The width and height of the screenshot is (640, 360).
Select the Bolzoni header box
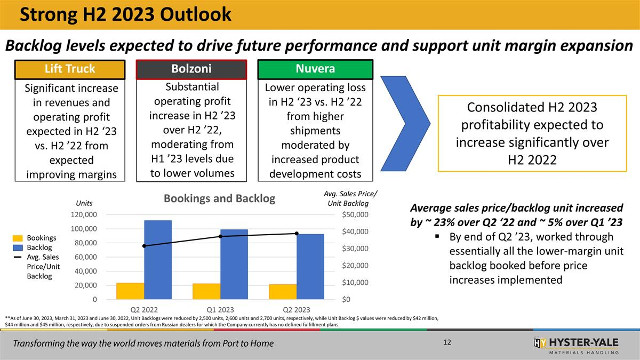tap(191, 69)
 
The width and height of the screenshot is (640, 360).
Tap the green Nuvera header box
tap(315, 69)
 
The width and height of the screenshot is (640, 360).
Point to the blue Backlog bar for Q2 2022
tap(158, 259)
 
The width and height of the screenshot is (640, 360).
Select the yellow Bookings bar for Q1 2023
tap(206, 291)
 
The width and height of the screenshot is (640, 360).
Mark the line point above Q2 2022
tap(144, 246)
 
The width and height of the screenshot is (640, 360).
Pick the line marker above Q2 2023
tap(297, 233)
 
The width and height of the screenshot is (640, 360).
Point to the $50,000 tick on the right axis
tap(355, 214)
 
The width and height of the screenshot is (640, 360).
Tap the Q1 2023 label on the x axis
tap(220, 309)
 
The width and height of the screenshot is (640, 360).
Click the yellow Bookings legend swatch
tap(18, 238)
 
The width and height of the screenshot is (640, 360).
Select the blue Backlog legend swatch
tap(18, 247)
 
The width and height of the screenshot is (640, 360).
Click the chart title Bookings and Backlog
tap(219, 199)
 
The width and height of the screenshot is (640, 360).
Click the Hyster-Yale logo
tap(576, 345)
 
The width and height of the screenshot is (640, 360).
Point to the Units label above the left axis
tap(85, 203)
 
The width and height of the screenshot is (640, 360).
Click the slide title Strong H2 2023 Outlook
tap(126, 14)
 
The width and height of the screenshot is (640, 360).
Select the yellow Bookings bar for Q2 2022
tap(130, 291)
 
